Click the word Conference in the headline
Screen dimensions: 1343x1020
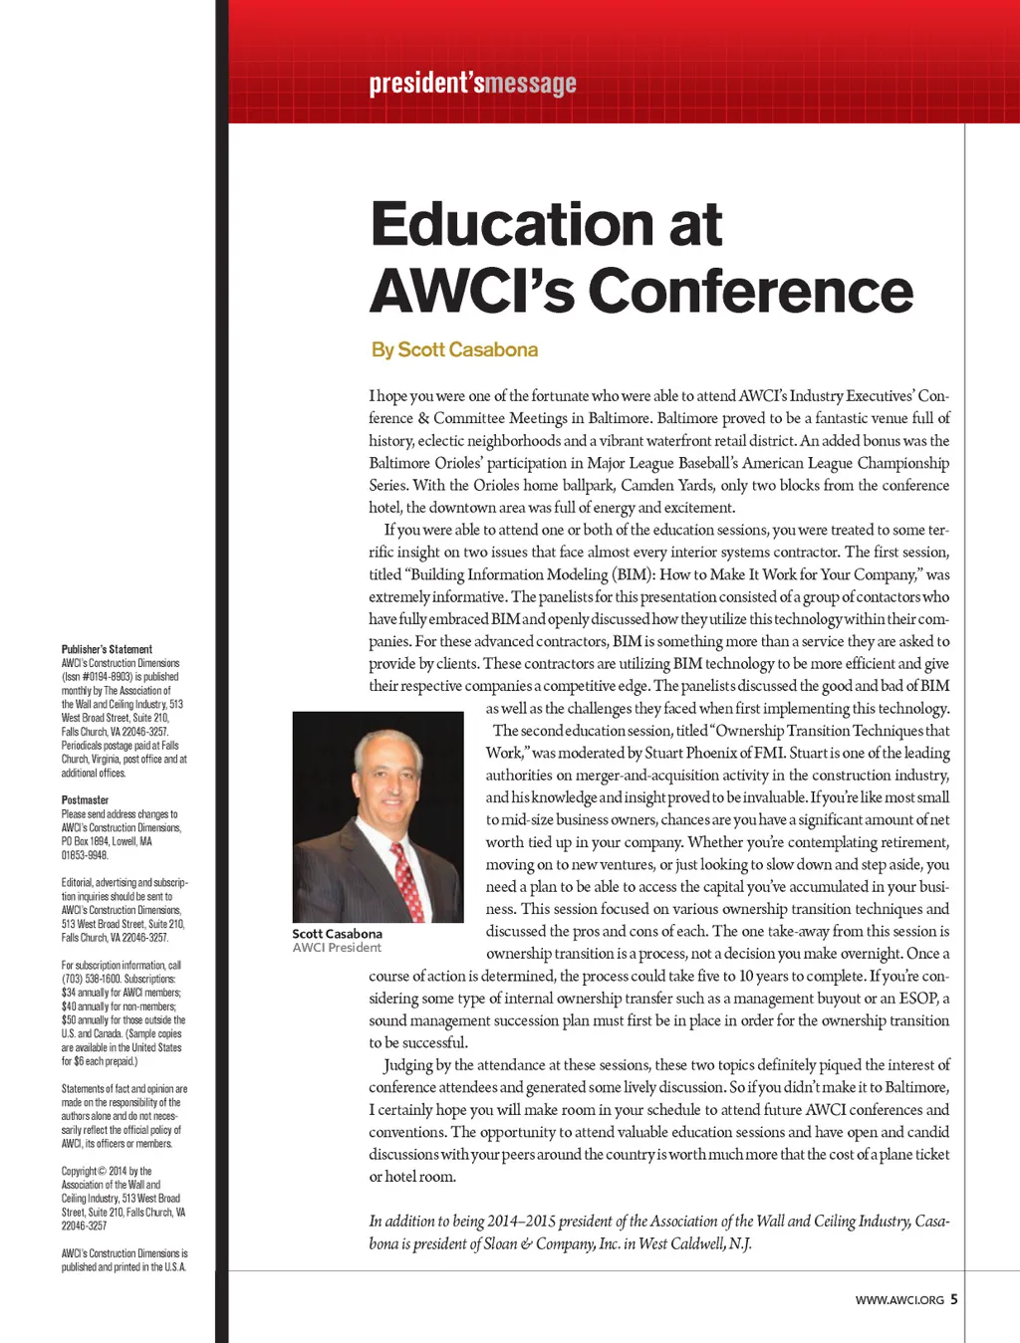(x=751, y=292)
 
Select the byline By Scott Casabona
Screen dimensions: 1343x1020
(x=454, y=349)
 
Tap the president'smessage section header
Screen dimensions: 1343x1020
(x=472, y=83)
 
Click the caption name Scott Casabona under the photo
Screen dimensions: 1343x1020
(x=337, y=934)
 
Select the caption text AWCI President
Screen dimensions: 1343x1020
(x=337, y=948)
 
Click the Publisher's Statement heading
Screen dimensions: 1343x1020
(x=107, y=649)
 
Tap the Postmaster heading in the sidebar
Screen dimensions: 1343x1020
(x=85, y=799)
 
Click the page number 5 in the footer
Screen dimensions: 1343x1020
(x=953, y=1299)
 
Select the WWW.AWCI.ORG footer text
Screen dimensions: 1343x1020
(x=898, y=1300)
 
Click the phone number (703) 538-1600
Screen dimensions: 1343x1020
(x=91, y=979)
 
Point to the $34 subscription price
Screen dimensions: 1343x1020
(x=69, y=993)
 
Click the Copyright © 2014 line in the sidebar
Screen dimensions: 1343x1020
(x=107, y=1171)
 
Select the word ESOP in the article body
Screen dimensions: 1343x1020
(x=916, y=998)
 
